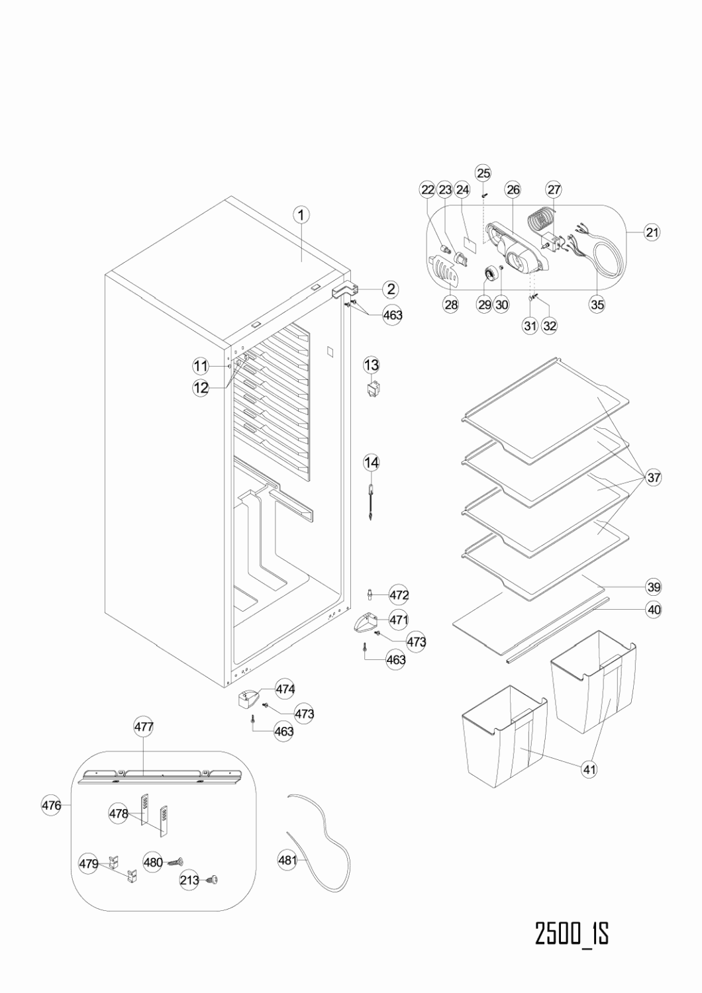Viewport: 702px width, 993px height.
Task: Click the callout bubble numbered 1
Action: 301,214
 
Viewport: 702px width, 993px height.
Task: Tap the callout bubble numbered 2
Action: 391,288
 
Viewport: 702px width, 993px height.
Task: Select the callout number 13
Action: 372,365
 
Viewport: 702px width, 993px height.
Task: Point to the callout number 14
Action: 372,462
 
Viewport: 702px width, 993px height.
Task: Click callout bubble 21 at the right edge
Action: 652,232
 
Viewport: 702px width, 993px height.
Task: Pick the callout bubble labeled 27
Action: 554,189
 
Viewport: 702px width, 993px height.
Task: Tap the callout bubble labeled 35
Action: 597,305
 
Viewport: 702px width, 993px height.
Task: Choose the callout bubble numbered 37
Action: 654,477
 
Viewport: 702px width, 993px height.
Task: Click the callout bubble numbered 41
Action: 589,769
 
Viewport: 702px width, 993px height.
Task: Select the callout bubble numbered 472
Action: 399,594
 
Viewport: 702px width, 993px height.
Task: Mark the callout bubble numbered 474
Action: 285,689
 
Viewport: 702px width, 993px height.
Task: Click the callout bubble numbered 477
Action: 144,726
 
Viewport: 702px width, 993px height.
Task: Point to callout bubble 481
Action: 287,861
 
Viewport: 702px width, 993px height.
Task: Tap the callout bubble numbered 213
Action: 189,880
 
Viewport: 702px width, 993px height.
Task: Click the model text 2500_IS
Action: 572,933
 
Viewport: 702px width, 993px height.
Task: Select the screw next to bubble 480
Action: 175,862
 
